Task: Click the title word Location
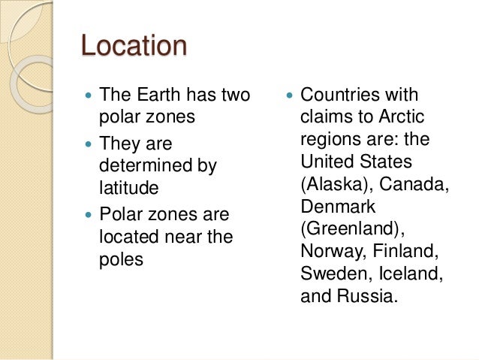[x=134, y=47]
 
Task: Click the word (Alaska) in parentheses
[x=333, y=183]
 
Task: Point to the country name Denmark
[x=338, y=206]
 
